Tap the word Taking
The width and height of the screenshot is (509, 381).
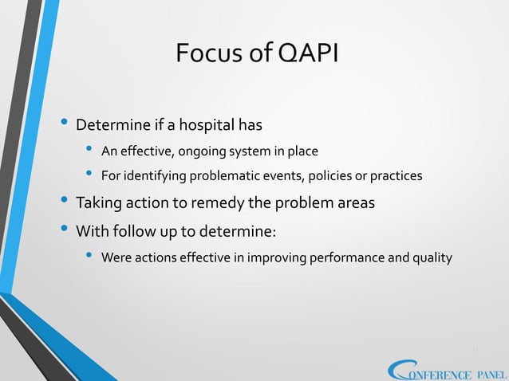(97, 202)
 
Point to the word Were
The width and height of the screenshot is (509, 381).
(116, 258)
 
